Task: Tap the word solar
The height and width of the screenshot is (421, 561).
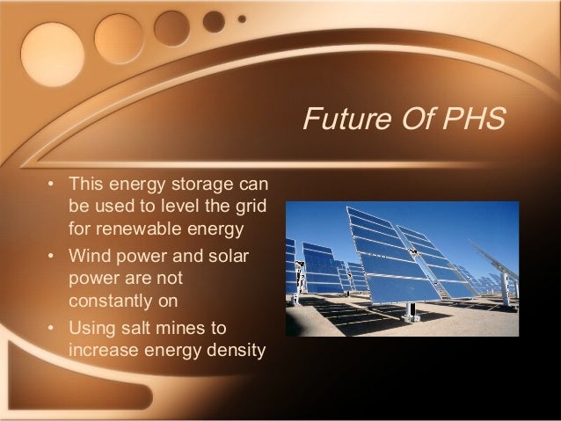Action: [228, 256]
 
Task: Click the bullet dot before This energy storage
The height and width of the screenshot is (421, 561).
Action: [52, 185]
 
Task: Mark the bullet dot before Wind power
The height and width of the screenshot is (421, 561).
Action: [52, 256]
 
